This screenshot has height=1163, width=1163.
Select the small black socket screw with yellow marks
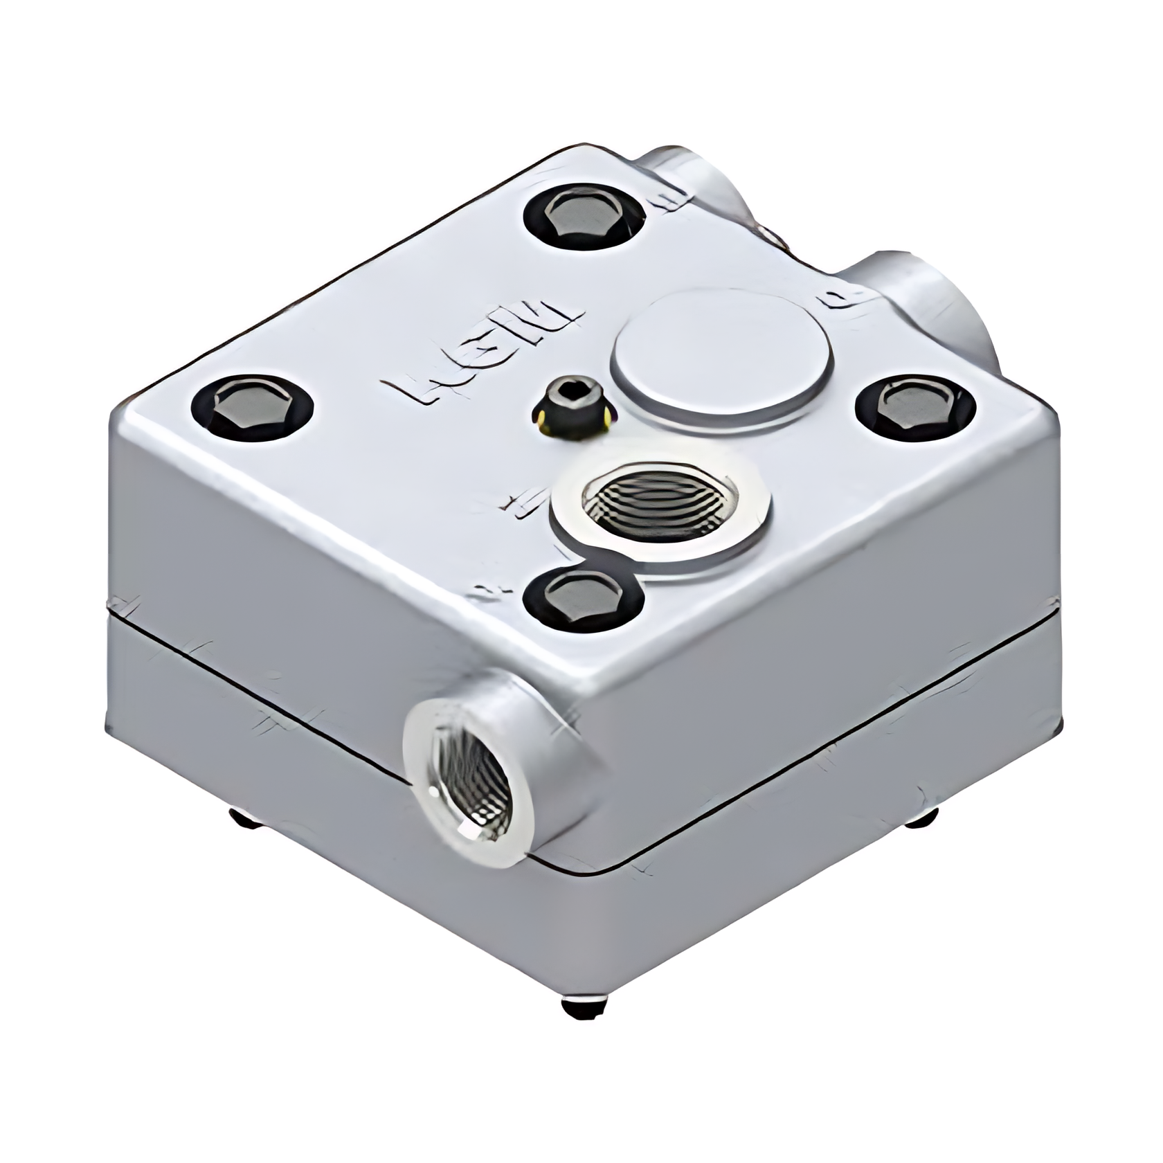pos(574,409)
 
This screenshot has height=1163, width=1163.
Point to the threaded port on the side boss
pos(470,789)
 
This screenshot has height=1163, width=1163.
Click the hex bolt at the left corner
pos(253,408)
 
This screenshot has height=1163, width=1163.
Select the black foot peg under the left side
pos(246,820)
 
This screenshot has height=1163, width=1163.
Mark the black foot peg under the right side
pos(921,818)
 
